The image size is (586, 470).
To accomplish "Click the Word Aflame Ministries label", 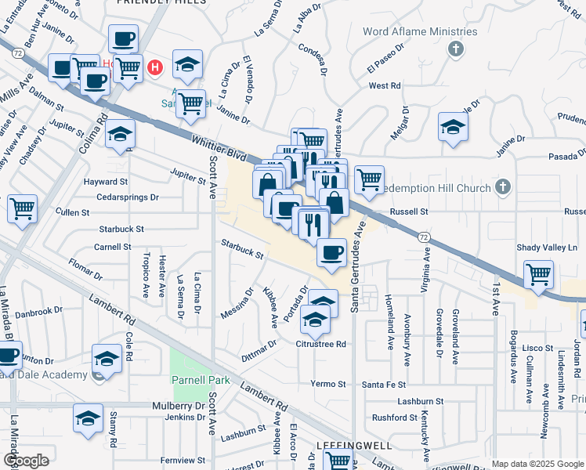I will pos(420,32).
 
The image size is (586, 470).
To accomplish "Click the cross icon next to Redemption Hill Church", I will pos(503,188).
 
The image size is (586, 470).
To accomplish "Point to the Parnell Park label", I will pos(201,381).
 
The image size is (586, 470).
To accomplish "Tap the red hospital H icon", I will pos(155,67).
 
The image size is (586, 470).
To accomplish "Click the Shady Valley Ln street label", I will pos(547,248).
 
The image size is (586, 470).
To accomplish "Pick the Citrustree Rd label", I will pos(320,344).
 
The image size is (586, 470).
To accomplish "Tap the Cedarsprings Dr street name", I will pos(128,197).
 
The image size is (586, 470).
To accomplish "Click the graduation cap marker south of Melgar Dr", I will pos(453,128).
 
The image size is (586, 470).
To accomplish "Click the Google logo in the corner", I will pos(26,461).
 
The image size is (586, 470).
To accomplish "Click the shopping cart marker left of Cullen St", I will pos(23,209).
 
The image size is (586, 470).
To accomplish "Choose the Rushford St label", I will pos(391,417).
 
